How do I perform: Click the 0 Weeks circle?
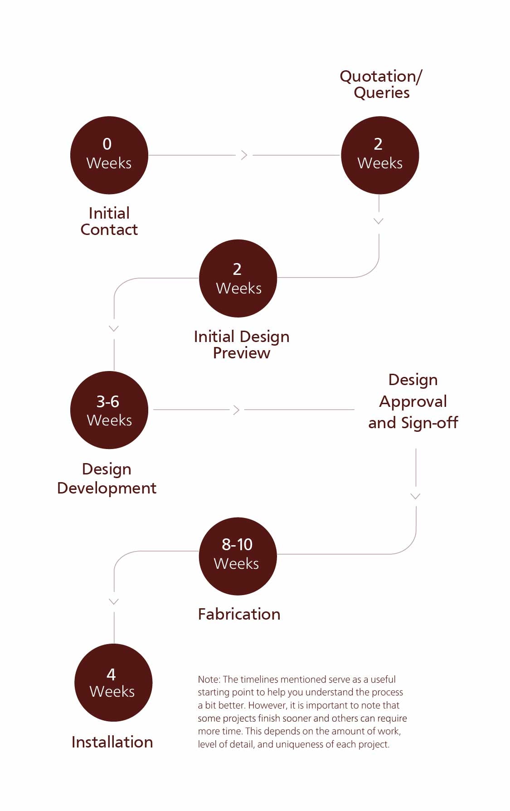point(109,155)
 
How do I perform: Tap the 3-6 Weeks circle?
point(109,410)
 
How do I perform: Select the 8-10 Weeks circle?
point(238,556)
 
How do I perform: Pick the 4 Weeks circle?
point(113,683)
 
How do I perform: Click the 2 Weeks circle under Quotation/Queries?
point(380,155)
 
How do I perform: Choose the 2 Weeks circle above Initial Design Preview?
point(238,278)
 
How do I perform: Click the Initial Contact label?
point(109,221)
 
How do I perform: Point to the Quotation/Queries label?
point(381,84)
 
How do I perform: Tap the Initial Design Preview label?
point(241,345)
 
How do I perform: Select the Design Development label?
point(107,479)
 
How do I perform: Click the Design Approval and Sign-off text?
point(413,401)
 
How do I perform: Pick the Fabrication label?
point(239,614)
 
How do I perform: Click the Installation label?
point(112,742)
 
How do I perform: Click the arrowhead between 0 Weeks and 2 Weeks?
point(244,155)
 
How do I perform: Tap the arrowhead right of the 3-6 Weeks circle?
point(236,410)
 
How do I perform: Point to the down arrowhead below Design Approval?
point(415,496)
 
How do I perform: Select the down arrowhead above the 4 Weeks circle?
point(114,601)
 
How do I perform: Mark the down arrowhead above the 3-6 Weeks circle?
point(114,328)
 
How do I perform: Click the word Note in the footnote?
point(209,679)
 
